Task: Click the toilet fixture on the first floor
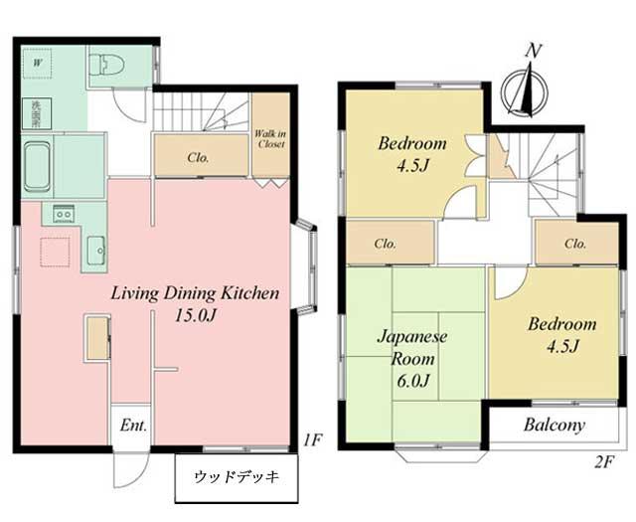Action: coord(104,67)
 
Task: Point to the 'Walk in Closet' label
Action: coord(270,138)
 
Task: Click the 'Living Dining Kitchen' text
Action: coord(195,293)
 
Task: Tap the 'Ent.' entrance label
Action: coord(133,426)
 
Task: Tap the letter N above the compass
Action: coord(534,51)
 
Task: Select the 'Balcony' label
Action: coord(555,426)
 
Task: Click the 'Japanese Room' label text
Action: coord(412,347)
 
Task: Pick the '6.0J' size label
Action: coord(412,380)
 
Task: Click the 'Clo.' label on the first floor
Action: coord(198,156)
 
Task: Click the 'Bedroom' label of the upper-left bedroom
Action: coord(411,144)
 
